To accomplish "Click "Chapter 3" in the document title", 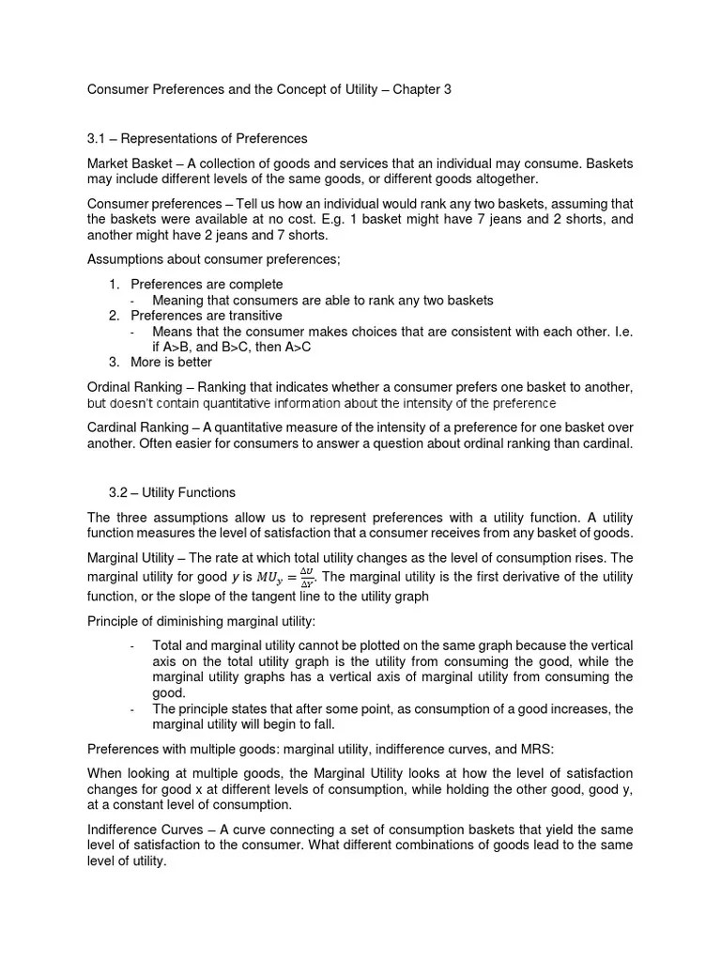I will click(x=427, y=90).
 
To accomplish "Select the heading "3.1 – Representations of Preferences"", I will click(x=197, y=140).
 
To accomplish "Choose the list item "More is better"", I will click(x=171, y=362).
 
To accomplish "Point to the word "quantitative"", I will click(x=265, y=403).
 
